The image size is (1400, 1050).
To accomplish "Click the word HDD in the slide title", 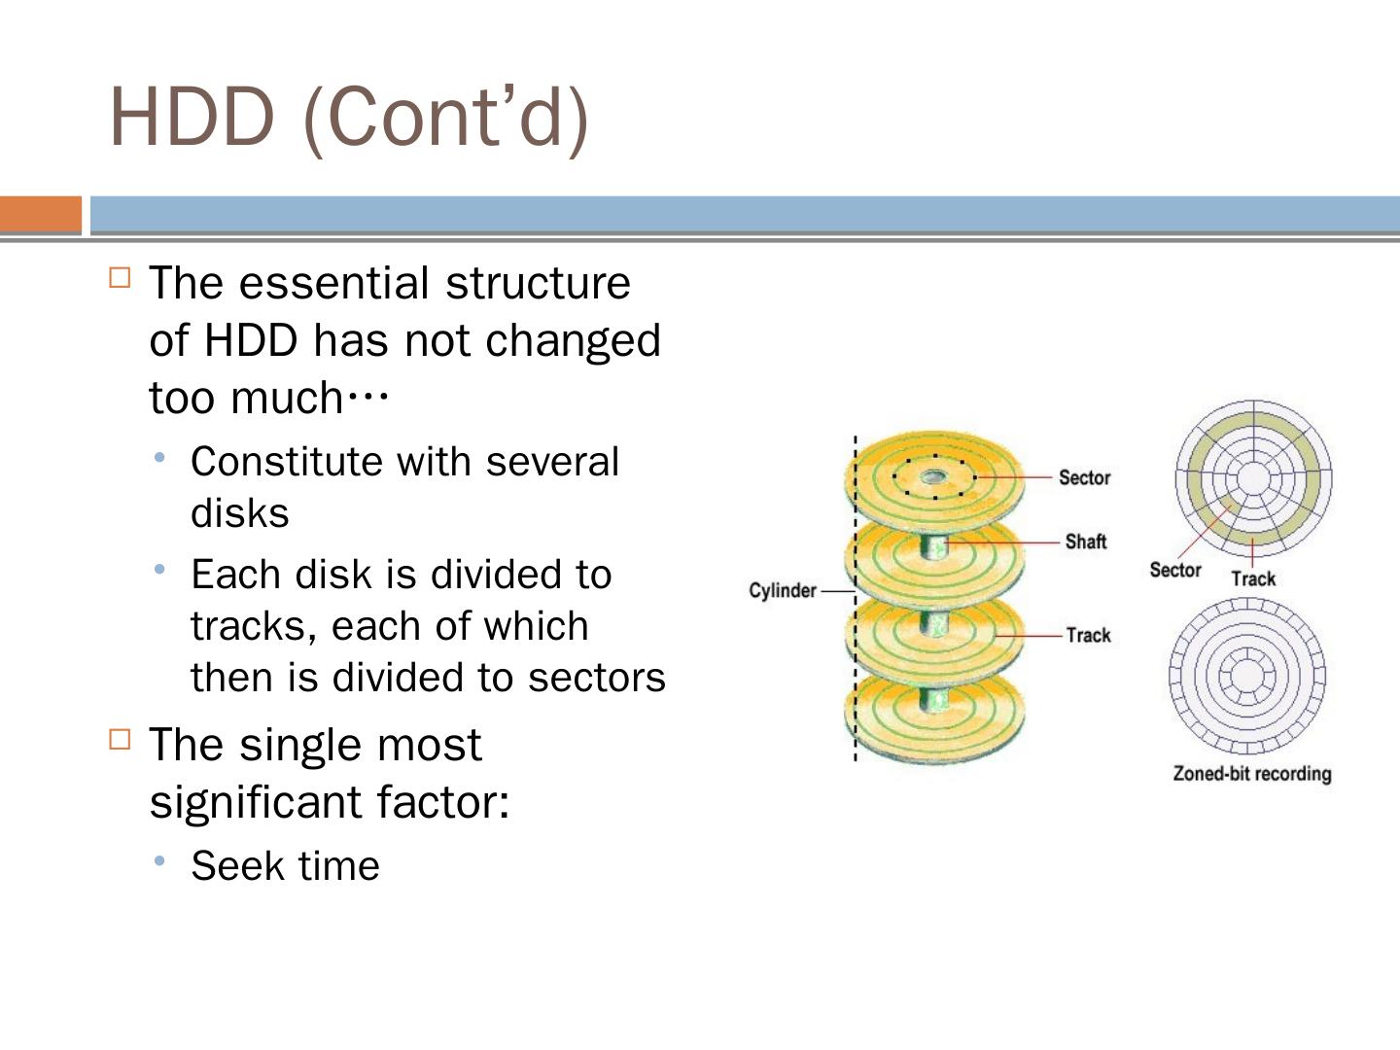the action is tap(192, 117).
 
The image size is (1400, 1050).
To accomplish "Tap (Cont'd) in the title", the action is tap(446, 117).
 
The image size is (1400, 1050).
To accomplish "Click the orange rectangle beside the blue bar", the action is tap(41, 214).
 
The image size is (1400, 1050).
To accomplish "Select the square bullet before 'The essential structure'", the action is tap(120, 278).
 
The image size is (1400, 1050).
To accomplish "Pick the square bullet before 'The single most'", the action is tap(120, 740).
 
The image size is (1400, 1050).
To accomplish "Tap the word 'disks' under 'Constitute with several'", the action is tap(239, 513).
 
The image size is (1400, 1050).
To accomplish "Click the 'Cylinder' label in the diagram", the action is tap(783, 591).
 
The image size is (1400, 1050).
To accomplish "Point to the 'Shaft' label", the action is tap(1086, 542).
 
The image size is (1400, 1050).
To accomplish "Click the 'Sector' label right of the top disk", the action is tap(1084, 477).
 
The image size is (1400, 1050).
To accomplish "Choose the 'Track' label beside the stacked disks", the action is tap(1088, 635).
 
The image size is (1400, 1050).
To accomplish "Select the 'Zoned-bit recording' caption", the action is tap(1252, 774).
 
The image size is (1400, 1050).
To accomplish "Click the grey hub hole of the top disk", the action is tap(934, 476).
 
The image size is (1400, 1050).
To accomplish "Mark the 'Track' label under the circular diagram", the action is tap(1253, 579).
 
